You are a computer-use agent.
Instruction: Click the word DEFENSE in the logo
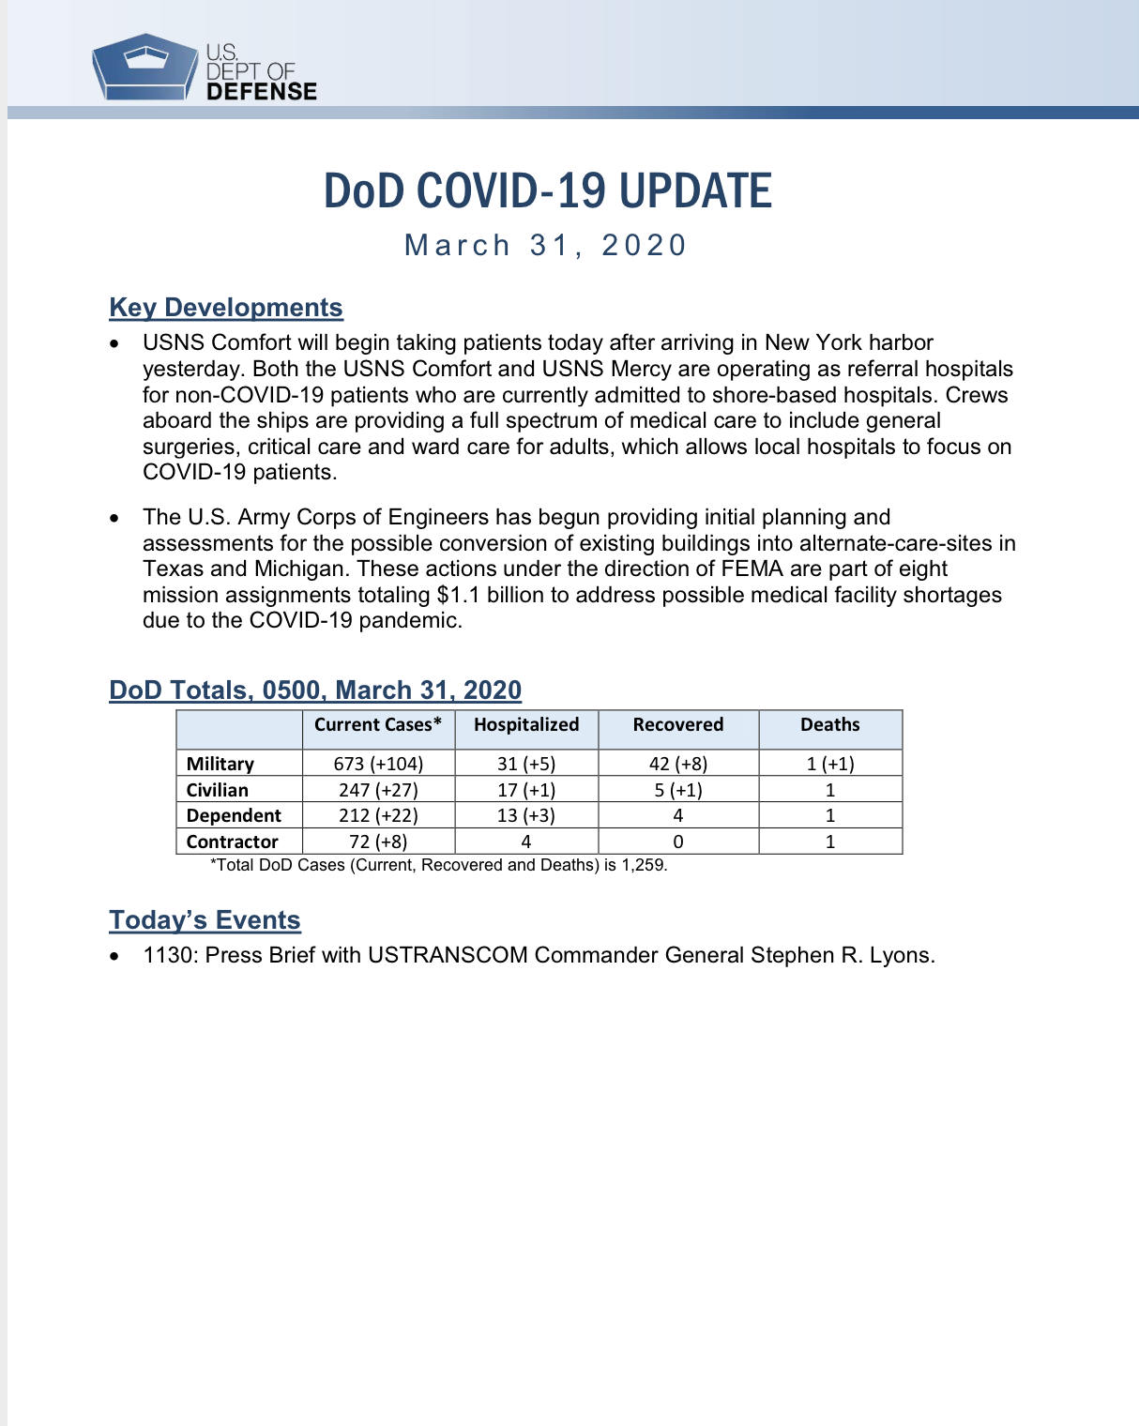pyautogui.click(x=262, y=91)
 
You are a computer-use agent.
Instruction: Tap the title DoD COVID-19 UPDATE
pyautogui.click(x=547, y=191)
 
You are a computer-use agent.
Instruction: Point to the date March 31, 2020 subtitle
pyautogui.click(x=546, y=245)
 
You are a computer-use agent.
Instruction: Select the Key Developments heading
pyautogui.click(x=226, y=308)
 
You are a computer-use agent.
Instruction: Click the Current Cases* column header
pyautogui.click(x=378, y=724)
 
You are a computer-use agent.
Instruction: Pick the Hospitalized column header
pyautogui.click(x=526, y=724)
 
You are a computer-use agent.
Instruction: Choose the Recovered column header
pyautogui.click(x=678, y=724)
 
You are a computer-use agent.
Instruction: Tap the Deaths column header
pyautogui.click(x=830, y=724)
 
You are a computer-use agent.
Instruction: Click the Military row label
pyautogui.click(x=220, y=764)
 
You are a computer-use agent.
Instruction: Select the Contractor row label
pyautogui.click(x=233, y=842)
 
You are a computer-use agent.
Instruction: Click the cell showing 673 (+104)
pyautogui.click(x=378, y=764)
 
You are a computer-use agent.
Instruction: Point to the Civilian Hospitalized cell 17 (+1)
pyautogui.click(x=526, y=790)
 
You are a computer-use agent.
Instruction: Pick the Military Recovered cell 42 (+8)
pyautogui.click(x=678, y=764)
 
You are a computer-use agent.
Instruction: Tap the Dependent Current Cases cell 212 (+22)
pyautogui.click(x=378, y=815)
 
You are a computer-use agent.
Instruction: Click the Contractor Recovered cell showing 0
pyautogui.click(x=678, y=842)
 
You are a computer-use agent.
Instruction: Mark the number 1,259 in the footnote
pyautogui.click(x=643, y=865)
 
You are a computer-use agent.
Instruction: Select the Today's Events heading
pyautogui.click(x=205, y=920)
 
